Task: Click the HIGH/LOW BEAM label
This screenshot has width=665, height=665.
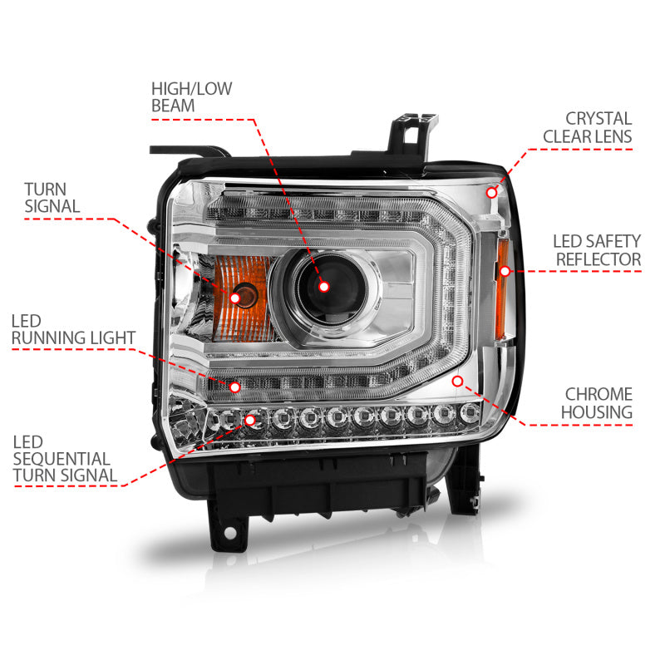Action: point(192,96)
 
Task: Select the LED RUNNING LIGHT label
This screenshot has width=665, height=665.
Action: point(73,328)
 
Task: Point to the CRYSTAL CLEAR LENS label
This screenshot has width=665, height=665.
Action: point(587,127)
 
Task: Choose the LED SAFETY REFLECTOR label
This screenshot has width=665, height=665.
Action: point(597,250)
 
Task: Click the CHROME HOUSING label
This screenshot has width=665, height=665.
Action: point(598,402)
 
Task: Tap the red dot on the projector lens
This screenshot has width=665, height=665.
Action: point(324,285)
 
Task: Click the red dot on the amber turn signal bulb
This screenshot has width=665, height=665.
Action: point(236,298)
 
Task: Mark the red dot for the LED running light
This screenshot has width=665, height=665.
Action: point(235,387)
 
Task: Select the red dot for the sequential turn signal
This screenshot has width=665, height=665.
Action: point(250,421)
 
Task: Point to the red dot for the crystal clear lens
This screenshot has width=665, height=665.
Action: point(492,192)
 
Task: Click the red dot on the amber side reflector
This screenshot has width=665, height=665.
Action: point(503,270)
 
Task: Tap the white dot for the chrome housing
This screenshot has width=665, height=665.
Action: point(456,381)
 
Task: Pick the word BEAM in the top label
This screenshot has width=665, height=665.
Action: point(173,106)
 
